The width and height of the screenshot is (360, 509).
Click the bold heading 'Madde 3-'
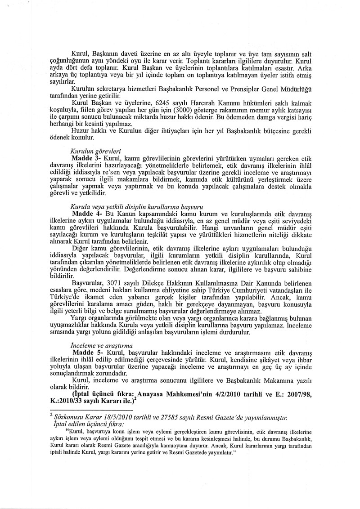(x=87, y=159)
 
